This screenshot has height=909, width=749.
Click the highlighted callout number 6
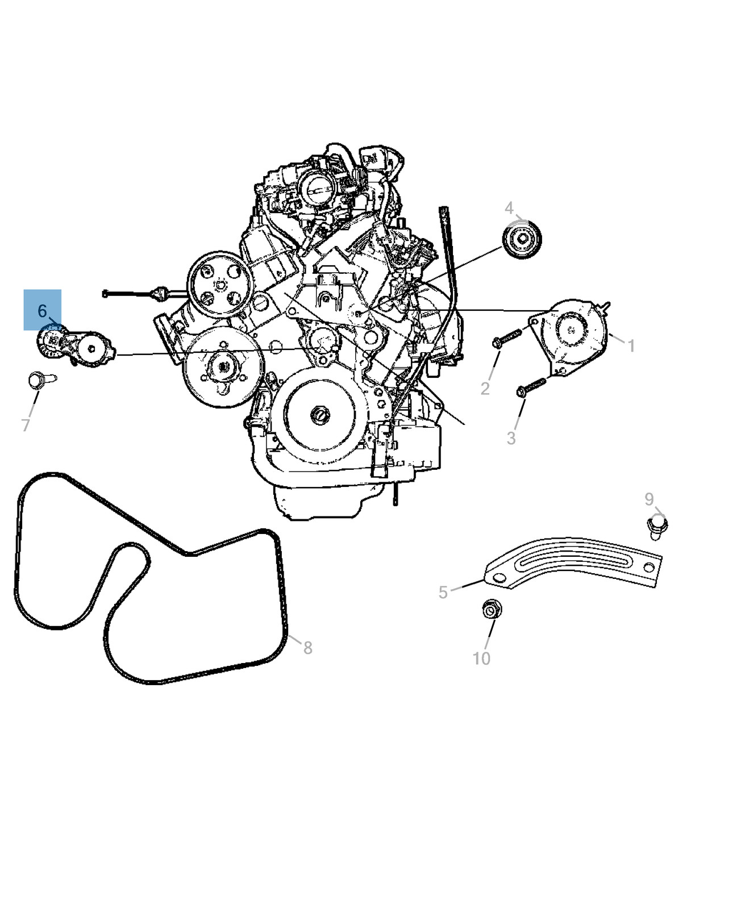(42, 311)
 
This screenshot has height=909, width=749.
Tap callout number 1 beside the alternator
(631, 345)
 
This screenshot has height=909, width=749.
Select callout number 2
(485, 389)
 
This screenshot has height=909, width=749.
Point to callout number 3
(511, 438)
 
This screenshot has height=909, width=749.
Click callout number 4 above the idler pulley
(509, 209)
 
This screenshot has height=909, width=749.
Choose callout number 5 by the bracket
(443, 593)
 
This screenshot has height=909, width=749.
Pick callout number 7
(26, 426)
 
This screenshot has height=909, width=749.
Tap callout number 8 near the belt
(307, 648)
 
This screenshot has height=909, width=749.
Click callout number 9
(649, 499)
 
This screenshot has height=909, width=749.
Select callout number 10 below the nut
(481, 658)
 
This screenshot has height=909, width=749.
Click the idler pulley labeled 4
(522, 239)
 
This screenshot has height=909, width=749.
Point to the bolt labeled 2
(507, 338)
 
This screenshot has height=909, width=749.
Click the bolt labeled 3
(531, 387)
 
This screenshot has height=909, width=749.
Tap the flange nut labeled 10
(492, 609)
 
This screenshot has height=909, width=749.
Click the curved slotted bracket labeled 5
(573, 561)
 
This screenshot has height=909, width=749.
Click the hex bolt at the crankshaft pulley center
(320, 415)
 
